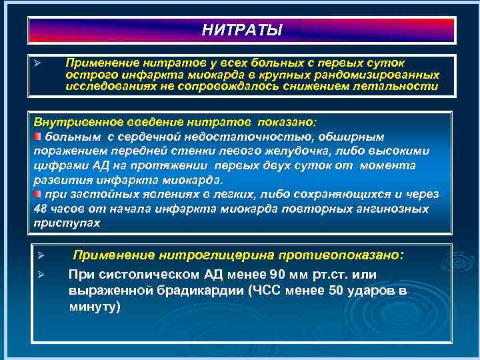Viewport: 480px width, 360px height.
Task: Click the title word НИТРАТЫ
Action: pos(241,31)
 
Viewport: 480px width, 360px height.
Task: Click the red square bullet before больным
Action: pos(38,137)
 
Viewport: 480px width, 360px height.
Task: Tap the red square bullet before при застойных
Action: pos(38,194)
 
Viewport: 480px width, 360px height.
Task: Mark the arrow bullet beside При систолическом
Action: pos(41,275)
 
